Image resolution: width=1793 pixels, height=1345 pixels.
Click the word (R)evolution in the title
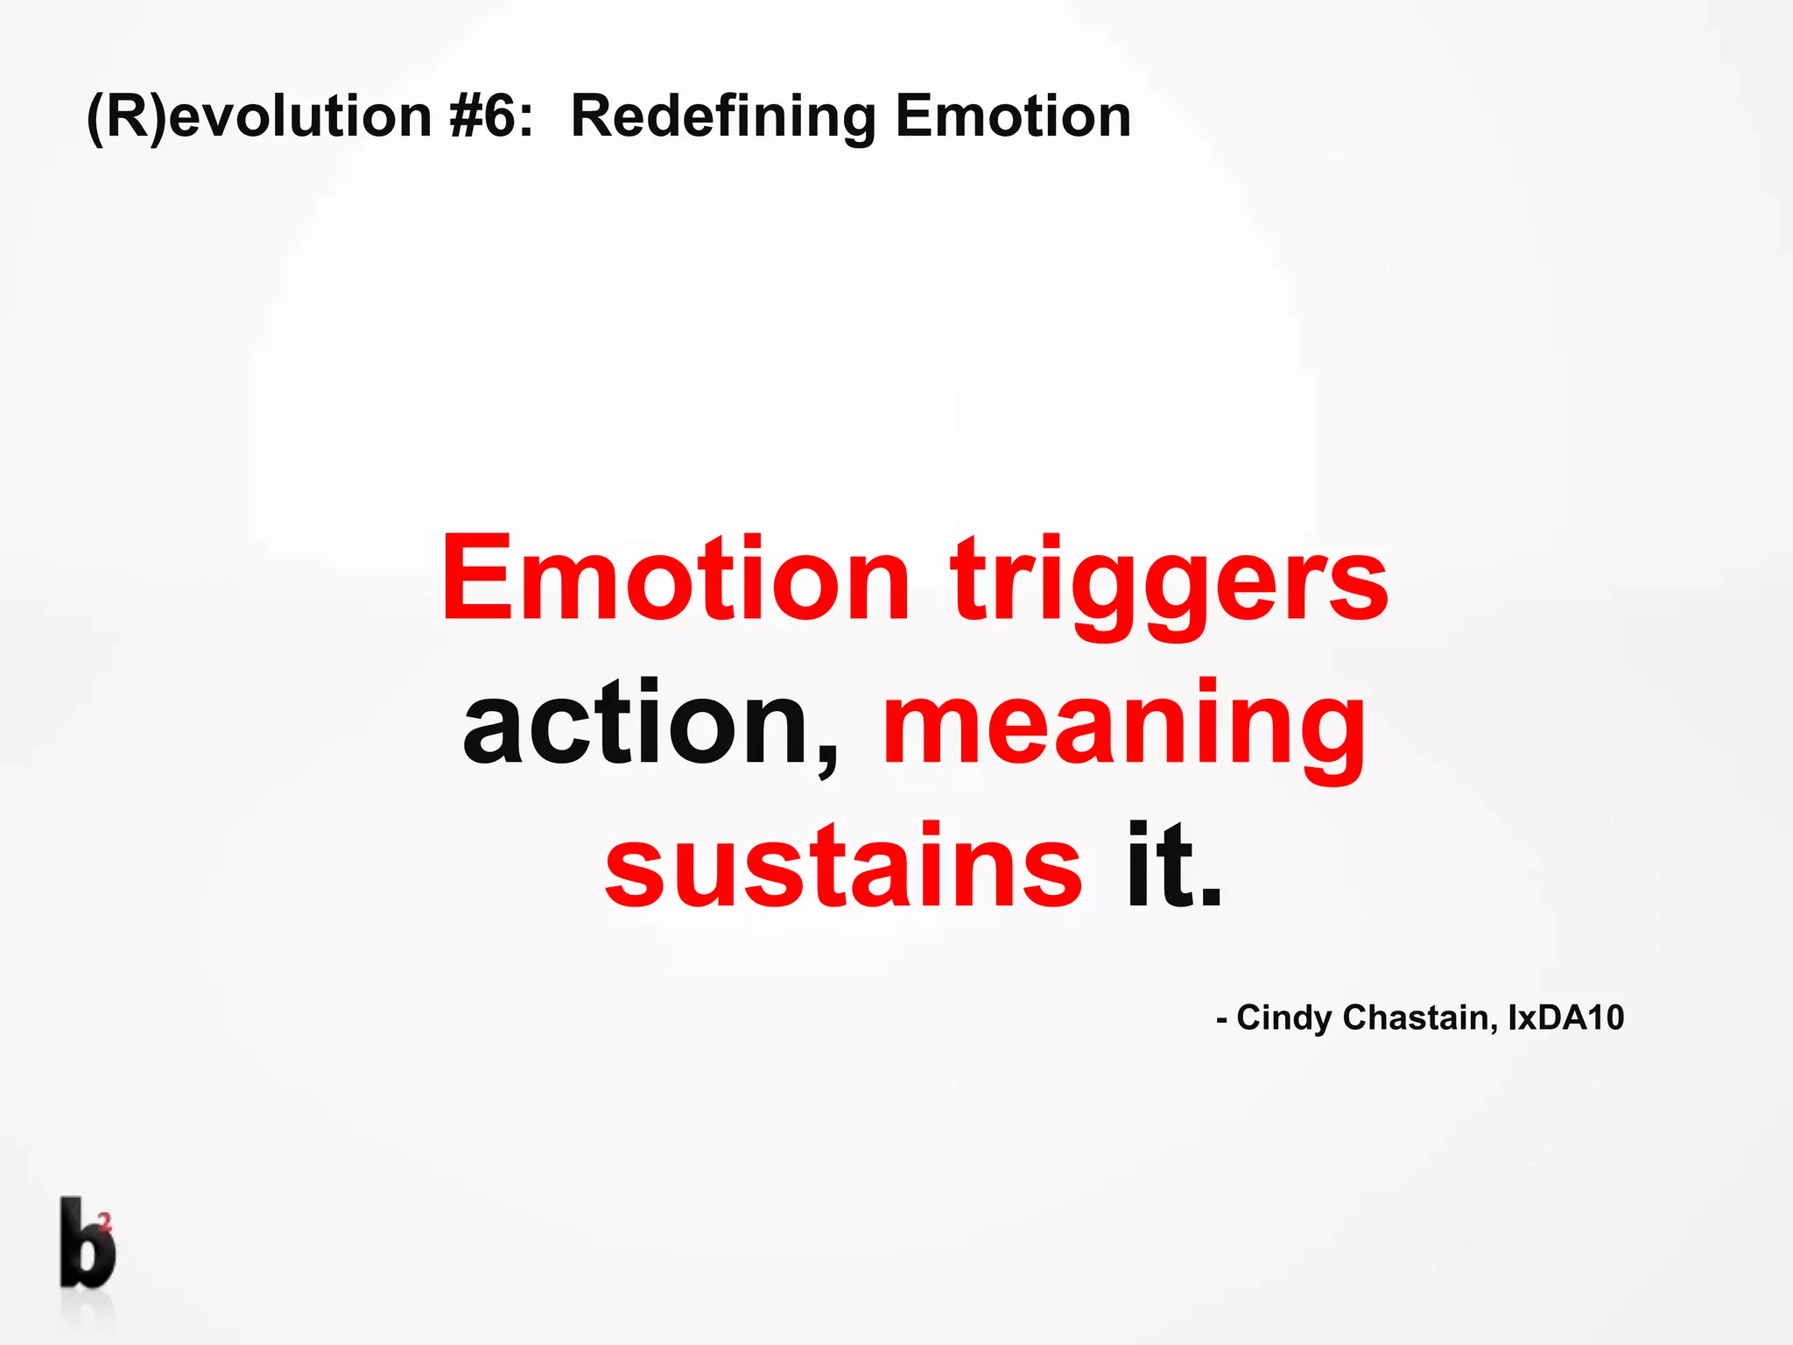coord(258,116)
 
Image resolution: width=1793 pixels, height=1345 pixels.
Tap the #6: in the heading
coord(490,116)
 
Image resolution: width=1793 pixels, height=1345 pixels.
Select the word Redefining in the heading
coord(722,116)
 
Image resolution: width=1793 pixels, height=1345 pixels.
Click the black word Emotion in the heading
coord(1013,116)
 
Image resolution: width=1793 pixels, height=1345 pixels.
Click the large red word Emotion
coord(675,580)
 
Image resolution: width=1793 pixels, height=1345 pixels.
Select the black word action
coord(636,725)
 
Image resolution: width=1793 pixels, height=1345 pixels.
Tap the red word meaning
coord(1124,727)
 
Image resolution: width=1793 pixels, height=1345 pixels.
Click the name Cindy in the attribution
coord(1283,1018)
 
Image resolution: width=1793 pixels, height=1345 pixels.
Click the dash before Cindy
coord(1221,1021)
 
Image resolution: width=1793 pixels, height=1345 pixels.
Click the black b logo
coord(86,1243)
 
